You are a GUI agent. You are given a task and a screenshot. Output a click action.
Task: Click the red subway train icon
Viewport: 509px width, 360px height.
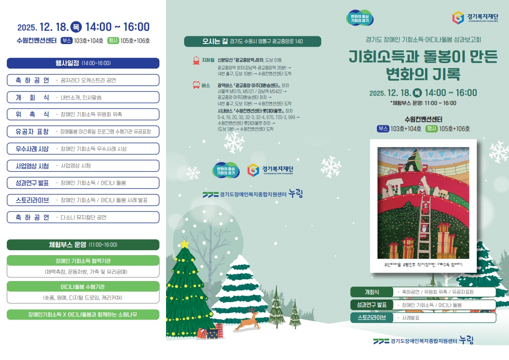(196, 60)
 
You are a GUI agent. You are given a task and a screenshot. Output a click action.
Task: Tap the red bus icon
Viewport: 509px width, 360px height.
(196, 85)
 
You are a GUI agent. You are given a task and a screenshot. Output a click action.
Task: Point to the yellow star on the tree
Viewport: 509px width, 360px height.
(184, 244)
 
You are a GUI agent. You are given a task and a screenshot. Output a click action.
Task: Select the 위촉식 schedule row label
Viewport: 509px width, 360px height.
(33, 114)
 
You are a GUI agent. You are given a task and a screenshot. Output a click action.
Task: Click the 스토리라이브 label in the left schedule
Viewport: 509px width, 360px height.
(33, 200)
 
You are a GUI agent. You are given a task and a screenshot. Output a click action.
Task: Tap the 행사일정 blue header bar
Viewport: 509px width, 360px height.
(83, 63)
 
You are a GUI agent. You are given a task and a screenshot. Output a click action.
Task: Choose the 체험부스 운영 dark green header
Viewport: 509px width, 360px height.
(83, 245)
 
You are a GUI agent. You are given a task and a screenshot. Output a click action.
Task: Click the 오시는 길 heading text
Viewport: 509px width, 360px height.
(215, 41)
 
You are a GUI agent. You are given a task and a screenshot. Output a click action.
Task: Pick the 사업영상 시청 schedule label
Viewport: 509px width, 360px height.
(33, 166)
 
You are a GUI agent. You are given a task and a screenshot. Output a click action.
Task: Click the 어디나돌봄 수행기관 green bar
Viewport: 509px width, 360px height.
(83, 286)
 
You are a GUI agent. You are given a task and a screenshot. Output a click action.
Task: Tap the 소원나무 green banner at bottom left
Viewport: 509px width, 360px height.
(83, 315)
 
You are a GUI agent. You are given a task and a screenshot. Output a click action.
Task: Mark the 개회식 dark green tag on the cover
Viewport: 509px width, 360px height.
(372, 292)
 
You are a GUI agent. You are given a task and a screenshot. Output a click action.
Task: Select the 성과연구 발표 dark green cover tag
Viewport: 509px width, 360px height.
(372, 305)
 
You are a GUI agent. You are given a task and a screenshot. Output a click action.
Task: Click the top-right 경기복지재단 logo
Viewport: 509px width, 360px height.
(475, 17)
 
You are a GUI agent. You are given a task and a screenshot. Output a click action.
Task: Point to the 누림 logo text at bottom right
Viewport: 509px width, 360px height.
(466, 340)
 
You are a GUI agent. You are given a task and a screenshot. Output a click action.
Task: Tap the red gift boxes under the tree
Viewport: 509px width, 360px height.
(210, 331)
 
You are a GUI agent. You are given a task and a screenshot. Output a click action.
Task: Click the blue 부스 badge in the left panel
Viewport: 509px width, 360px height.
(67, 40)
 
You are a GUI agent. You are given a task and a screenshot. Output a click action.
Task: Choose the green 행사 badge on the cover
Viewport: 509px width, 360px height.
(431, 128)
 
